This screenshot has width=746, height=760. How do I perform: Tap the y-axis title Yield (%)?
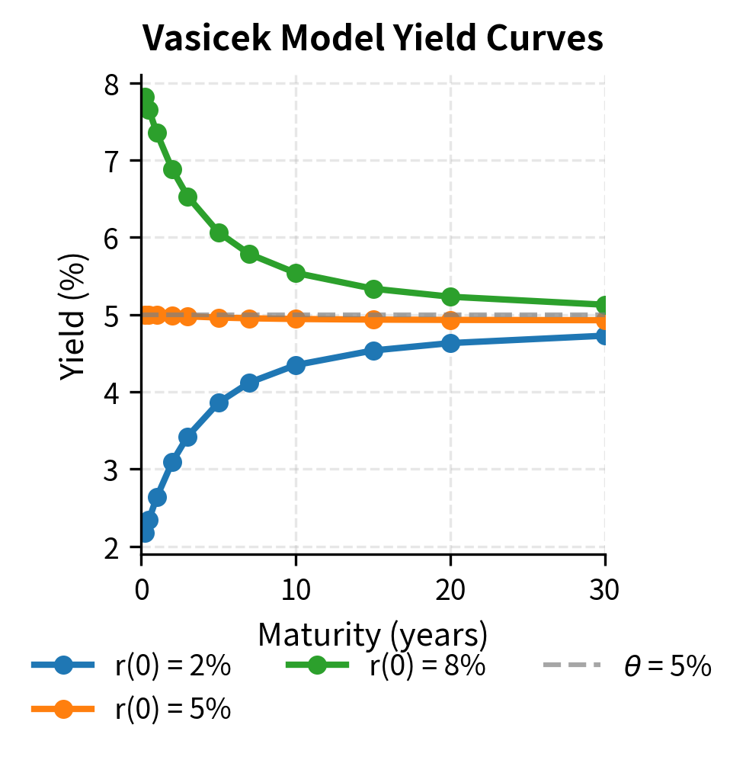point(74,316)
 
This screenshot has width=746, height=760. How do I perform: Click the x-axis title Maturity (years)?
point(373,634)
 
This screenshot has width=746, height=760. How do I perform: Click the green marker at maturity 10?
point(296,273)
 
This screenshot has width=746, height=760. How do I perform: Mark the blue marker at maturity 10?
point(296,365)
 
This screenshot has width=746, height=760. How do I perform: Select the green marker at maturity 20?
point(450,297)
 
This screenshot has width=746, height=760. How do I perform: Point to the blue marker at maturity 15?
point(373,351)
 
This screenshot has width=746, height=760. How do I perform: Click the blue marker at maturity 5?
point(219,402)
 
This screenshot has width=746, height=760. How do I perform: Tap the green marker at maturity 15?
point(373,289)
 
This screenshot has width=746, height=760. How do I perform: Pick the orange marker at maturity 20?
point(450,319)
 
